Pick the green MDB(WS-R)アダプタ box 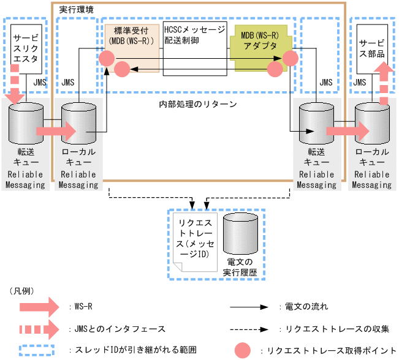[256, 42]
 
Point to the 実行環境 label [76, 10]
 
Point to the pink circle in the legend [244, 350]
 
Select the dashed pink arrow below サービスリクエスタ [17, 89]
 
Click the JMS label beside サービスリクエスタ [39, 82]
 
